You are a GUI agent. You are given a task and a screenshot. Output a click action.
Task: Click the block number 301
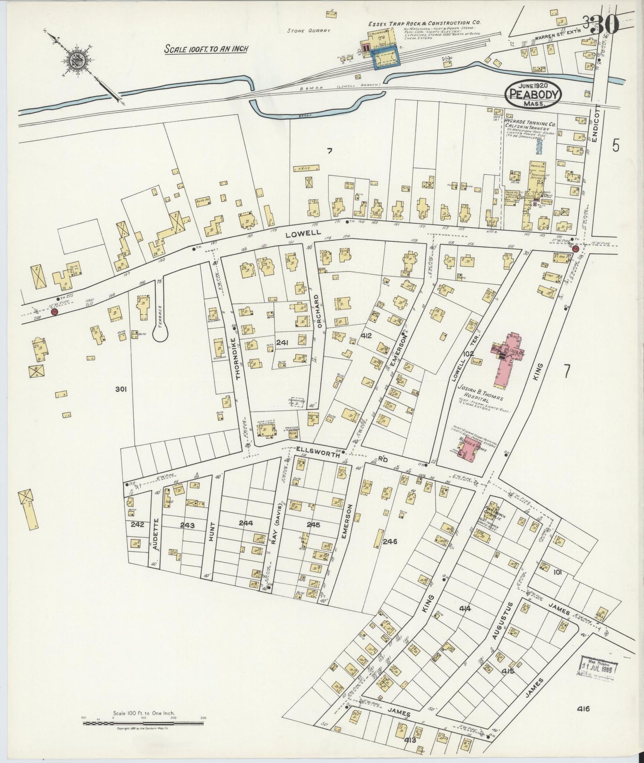(x=121, y=389)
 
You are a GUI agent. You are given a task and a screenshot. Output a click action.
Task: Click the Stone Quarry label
(x=309, y=31)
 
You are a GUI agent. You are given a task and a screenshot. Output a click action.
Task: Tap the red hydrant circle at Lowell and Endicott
(x=575, y=250)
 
